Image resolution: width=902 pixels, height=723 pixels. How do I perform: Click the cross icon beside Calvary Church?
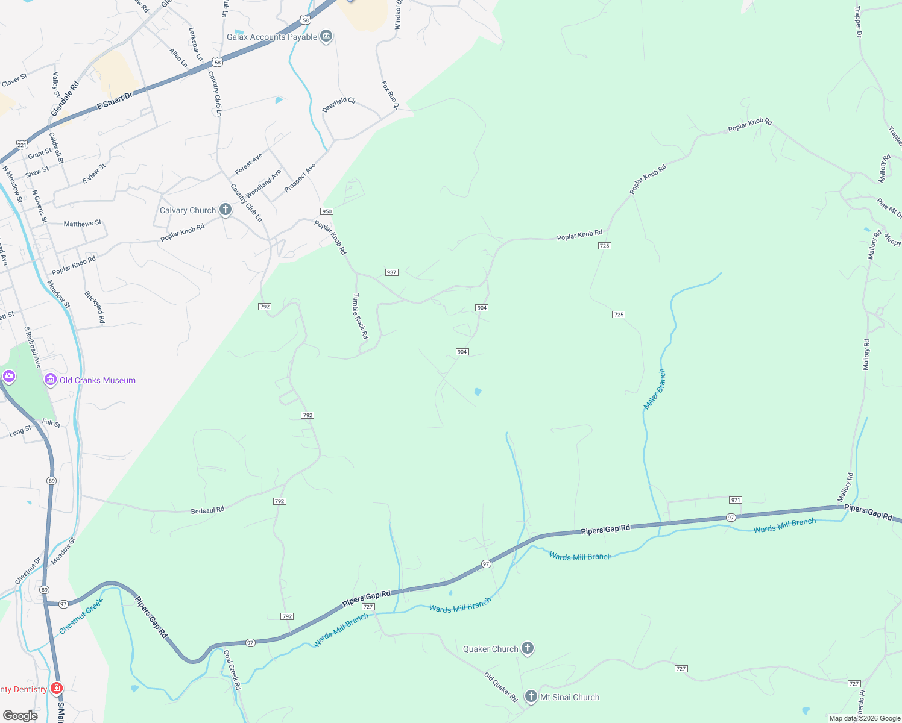pos(225,210)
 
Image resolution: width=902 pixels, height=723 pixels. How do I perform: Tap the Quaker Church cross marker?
pos(528,648)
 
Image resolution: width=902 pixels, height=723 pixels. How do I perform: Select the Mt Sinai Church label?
pos(570,697)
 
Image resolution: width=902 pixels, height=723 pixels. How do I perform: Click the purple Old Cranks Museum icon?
pos(51,380)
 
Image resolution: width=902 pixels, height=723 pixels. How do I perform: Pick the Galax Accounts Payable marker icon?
pos(326,37)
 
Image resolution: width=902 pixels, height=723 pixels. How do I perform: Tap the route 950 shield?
pos(326,211)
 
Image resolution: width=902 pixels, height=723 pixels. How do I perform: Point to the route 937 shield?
pos(391,272)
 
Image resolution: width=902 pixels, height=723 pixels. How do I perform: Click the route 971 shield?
pos(735,500)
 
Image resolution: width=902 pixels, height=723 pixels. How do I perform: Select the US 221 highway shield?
pos(22,145)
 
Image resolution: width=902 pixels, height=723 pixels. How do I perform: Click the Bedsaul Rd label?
pos(207,510)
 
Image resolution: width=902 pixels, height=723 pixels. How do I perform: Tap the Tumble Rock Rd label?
pos(360,316)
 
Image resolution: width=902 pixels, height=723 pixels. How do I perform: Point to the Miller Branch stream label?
pos(655,390)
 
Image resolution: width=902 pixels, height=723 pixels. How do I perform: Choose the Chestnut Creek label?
pos(81,616)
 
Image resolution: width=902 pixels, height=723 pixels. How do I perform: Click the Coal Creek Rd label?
pos(232,669)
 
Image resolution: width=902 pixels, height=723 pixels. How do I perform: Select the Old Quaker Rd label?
pos(501,687)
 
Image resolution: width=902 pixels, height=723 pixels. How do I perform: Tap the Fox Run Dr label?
pos(390,95)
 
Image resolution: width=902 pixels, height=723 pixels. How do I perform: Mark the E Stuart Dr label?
pos(115,101)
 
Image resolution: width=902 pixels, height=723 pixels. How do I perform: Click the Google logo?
pos(20,716)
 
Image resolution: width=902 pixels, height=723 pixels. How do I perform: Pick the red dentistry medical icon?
pos(57,688)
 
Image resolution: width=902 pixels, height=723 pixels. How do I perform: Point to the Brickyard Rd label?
pos(95,307)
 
